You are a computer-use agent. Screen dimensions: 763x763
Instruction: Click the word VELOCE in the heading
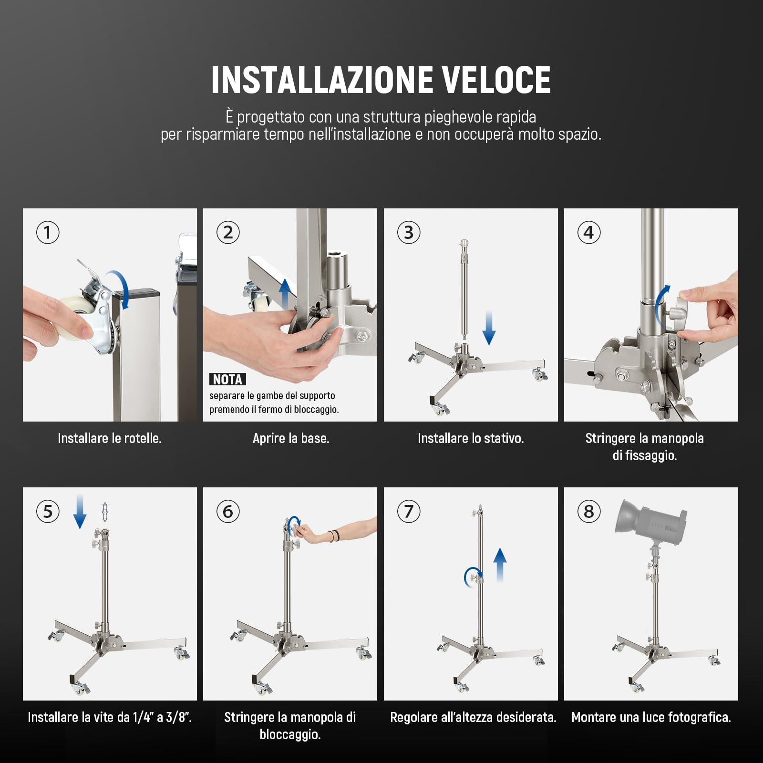tap(495, 80)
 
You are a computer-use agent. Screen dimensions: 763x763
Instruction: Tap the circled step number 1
tap(48, 233)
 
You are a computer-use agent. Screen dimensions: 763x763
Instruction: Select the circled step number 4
tap(589, 233)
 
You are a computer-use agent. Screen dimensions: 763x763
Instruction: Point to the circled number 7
tap(409, 512)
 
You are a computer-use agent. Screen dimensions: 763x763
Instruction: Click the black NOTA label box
tap(227, 380)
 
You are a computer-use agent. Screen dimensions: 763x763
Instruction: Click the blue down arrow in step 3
tap(489, 328)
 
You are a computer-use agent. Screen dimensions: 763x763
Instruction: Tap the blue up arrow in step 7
tap(500, 565)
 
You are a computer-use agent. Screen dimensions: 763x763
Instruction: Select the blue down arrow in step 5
tap(80, 512)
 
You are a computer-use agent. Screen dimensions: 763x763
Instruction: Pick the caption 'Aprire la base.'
tap(291, 438)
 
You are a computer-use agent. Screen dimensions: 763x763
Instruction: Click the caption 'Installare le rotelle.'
tap(110, 438)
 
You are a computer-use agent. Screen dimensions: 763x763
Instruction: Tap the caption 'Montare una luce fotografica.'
tap(651, 717)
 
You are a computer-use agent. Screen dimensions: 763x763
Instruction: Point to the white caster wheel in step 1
tap(76, 315)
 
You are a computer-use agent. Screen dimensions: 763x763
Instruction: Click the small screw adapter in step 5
tap(105, 512)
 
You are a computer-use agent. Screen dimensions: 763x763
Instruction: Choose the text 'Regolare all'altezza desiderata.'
tap(473, 717)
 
